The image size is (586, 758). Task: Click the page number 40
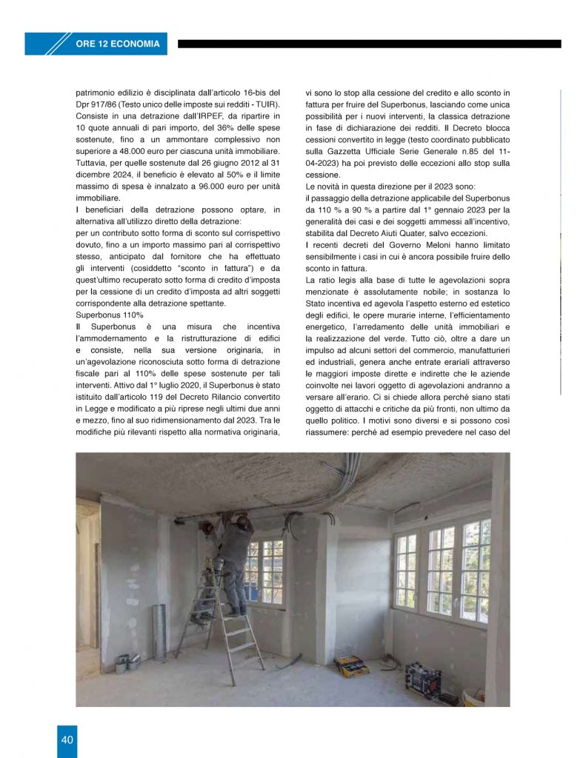coord(67,739)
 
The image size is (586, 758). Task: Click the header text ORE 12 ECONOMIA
coord(118,44)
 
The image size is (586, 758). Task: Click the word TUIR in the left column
coord(262,105)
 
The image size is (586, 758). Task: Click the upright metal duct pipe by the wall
coord(159,631)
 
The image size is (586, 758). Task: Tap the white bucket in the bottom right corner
coord(473,698)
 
